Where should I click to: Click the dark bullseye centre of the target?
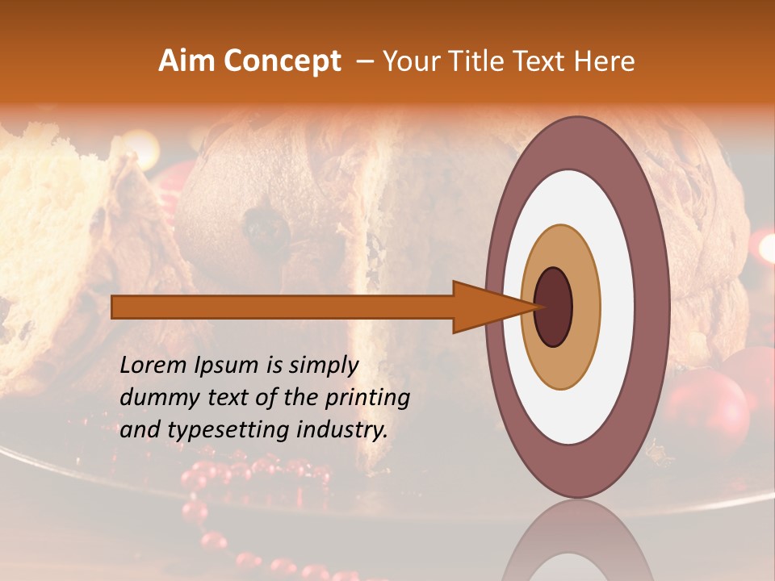(554, 307)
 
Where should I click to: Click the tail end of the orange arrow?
(114, 307)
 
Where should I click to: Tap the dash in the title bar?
(364, 61)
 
